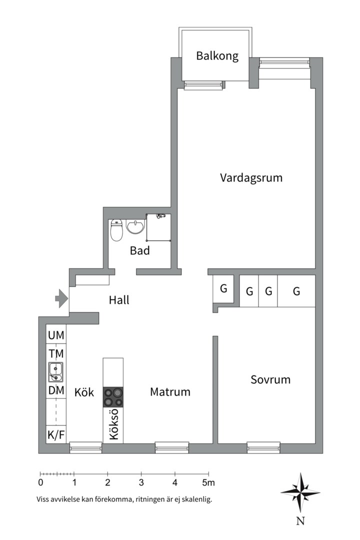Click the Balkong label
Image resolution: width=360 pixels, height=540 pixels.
point(217,56)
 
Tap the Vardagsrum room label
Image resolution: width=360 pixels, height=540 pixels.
point(251,177)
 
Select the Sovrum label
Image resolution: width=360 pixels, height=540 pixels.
point(270,379)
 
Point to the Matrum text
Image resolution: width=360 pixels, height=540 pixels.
point(170,392)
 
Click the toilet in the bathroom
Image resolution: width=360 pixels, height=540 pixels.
point(117,230)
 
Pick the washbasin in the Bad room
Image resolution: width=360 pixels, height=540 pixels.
point(135,227)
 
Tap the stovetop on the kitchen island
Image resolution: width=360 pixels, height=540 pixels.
point(113,397)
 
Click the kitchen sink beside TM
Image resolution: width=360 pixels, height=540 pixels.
point(55,372)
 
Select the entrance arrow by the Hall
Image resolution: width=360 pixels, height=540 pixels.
point(61,298)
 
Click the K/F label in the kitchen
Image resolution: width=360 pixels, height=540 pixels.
point(56,435)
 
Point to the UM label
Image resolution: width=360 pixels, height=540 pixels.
point(56,335)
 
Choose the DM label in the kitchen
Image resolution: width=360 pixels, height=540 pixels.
point(56,390)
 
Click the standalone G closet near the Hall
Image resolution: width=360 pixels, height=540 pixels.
point(223,288)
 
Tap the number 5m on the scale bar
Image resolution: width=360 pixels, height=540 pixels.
point(208,482)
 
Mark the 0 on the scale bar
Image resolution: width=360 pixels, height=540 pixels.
point(40,482)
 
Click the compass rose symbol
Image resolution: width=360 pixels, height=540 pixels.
point(300,492)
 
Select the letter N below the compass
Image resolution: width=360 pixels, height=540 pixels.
point(300,521)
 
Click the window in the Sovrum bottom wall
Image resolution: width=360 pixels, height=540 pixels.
point(263,447)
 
